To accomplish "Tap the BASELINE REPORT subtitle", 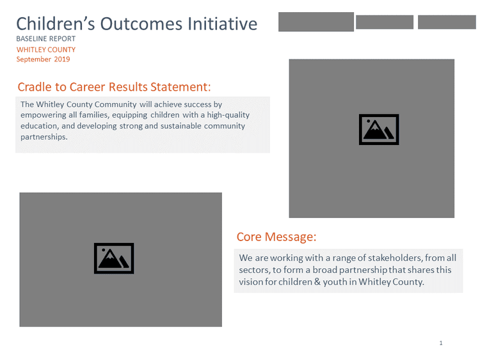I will pyautogui.click(x=45, y=39).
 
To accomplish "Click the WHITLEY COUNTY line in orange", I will pyautogui.click(x=46, y=49).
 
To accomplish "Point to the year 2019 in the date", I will pyautogui.click(x=62, y=59).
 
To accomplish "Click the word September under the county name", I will pyautogui.click(x=34, y=59).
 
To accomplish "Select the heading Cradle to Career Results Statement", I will pyautogui.click(x=114, y=87).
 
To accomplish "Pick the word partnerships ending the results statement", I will pyautogui.click(x=44, y=137).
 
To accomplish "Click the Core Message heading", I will pyautogui.click(x=276, y=237).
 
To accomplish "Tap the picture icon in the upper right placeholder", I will pyautogui.click(x=379, y=129).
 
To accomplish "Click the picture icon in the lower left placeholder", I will pyautogui.click(x=114, y=258).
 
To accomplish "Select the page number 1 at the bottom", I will pyautogui.click(x=441, y=343).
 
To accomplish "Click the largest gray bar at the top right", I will pyautogui.click(x=316, y=22).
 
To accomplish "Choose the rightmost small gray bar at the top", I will pyautogui.click(x=447, y=22).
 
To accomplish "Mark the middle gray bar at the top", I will pyautogui.click(x=385, y=22).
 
